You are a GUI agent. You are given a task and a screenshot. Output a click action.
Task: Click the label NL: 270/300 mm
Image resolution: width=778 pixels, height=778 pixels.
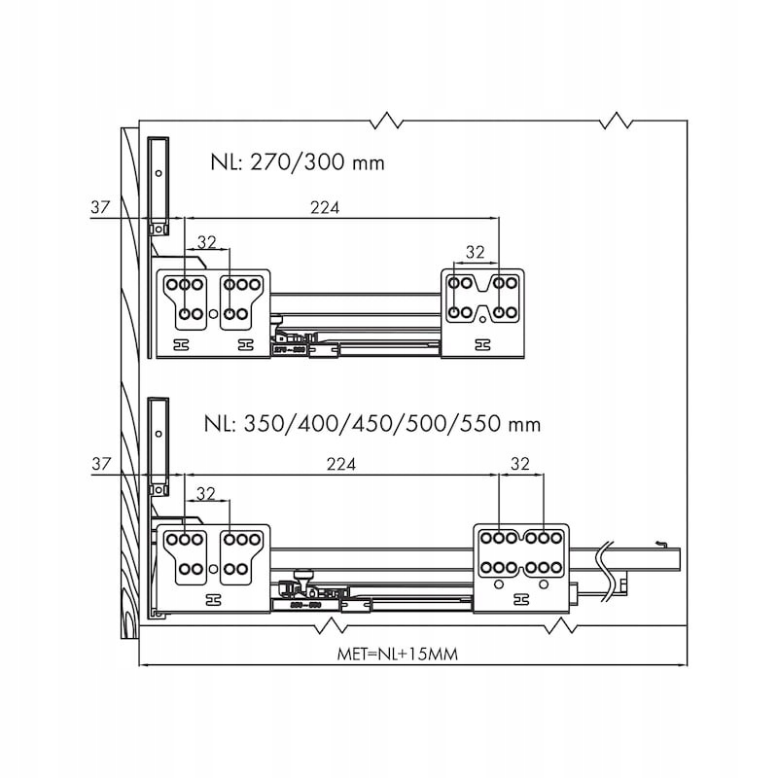[x=297, y=162]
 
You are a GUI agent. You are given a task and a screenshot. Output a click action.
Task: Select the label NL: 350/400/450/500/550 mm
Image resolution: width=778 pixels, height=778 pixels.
[x=372, y=425]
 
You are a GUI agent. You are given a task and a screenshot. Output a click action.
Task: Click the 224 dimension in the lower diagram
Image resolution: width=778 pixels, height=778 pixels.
[x=339, y=465]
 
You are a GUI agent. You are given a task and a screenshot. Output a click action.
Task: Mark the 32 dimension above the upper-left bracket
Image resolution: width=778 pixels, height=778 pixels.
[x=206, y=242]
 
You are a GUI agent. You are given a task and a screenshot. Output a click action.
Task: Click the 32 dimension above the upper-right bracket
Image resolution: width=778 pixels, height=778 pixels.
[x=475, y=252]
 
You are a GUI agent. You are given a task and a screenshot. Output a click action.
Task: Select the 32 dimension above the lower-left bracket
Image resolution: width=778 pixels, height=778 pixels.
[x=206, y=493]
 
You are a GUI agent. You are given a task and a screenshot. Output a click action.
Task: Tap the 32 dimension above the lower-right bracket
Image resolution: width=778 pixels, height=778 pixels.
[x=519, y=465]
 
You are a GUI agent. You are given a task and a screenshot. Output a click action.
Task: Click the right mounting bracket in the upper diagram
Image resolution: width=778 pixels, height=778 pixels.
[x=481, y=311]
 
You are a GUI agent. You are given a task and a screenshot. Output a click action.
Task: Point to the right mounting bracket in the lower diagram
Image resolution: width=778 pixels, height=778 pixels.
[x=519, y=570]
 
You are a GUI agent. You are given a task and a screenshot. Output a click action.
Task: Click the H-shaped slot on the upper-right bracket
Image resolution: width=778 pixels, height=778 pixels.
[x=480, y=344]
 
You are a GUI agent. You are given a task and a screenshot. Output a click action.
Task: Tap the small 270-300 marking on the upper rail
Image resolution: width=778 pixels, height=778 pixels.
[x=290, y=347]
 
